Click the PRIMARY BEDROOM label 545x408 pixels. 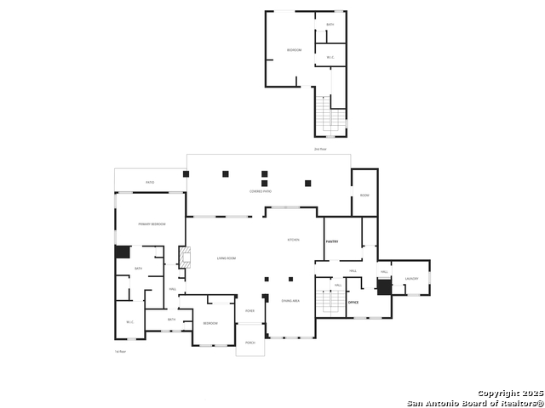point(152,224)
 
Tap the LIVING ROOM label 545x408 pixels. point(226,258)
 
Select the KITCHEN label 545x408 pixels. point(293,241)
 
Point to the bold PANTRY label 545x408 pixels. point(332,242)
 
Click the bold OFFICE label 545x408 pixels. point(353,302)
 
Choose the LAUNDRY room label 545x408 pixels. point(411,279)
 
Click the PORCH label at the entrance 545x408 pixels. point(250,343)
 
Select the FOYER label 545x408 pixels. point(250,311)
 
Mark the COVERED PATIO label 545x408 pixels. point(261,192)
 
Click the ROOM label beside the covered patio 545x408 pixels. point(364,195)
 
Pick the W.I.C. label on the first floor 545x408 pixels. point(129,321)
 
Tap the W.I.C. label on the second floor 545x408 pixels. point(330,58)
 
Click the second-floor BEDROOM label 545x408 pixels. point(294,50)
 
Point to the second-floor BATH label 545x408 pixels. point(330,25)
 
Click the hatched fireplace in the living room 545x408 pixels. point(182,258)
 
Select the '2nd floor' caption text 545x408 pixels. point(320,149)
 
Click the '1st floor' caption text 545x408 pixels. point(121,351)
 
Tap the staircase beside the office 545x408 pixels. point(324,300)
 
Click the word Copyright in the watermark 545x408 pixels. point(497,393)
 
